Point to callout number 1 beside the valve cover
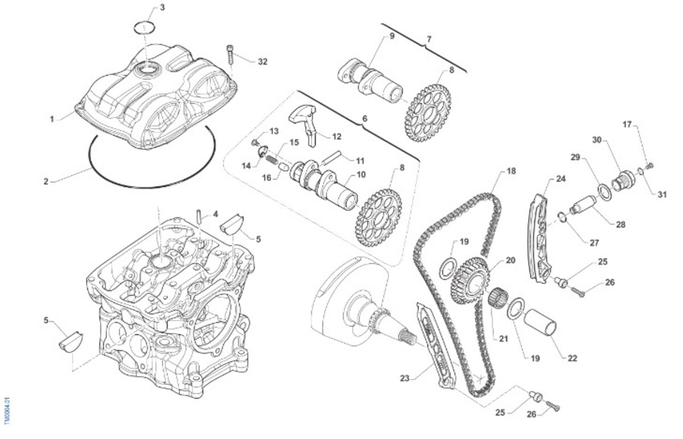coord(52,119)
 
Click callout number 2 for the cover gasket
coord(46,182)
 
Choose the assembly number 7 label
coord(429,39)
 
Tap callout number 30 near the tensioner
coord(596,140)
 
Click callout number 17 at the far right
coord(627,124)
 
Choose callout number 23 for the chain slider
coord(405,377)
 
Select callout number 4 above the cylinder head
coord(216,215)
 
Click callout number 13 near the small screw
coord(274,131)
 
